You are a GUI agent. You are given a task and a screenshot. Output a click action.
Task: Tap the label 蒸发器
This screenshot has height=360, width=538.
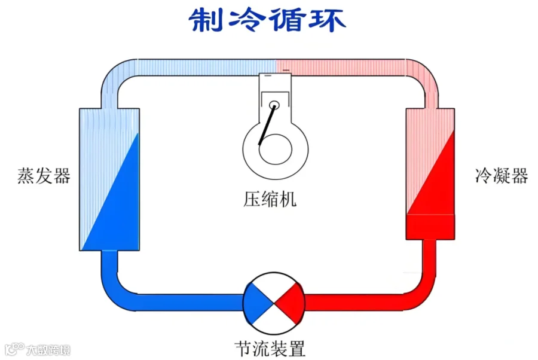(44, 176)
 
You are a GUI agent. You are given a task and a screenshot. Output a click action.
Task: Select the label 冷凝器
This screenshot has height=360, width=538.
(502, 176)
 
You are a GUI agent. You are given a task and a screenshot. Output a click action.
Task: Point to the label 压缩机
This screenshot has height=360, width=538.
(270, 199)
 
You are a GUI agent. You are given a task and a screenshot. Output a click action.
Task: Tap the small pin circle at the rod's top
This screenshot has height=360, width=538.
(274, 105)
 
